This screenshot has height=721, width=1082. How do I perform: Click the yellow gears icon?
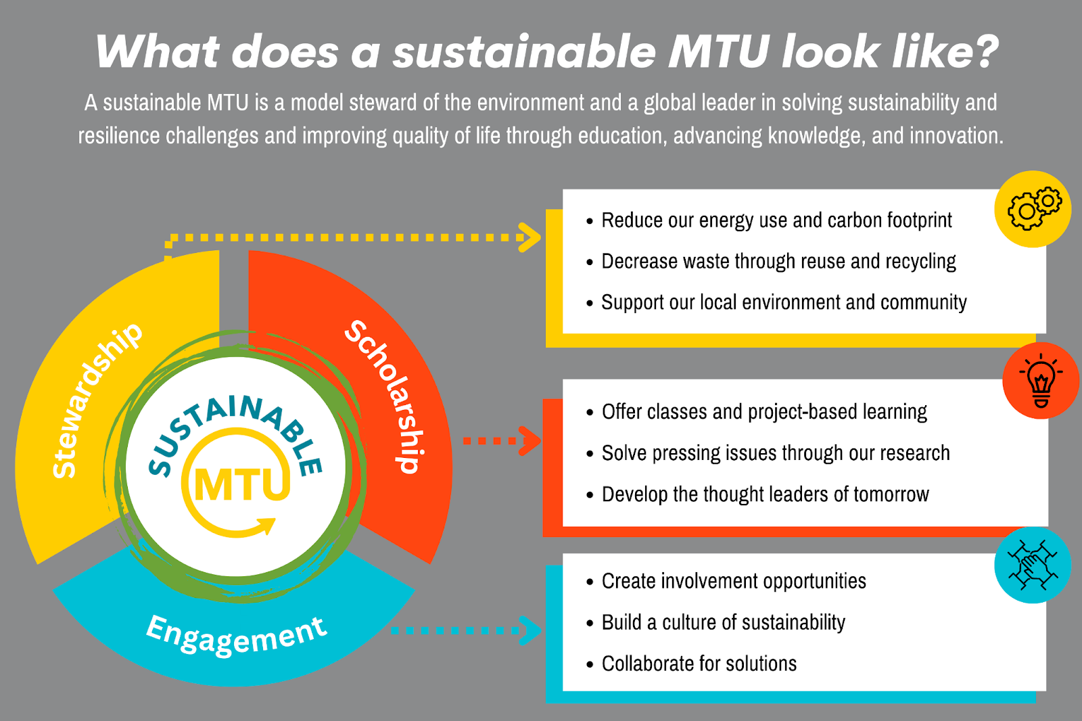click(x=1033, y=209)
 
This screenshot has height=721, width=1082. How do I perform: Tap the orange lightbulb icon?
click(x=1041, y=381)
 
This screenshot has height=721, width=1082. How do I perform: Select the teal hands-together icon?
click(x=1033, y=565)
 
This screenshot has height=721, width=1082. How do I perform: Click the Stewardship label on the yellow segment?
click(x=97, y=400)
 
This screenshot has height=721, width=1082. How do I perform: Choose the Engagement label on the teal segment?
click(x=237, y=636)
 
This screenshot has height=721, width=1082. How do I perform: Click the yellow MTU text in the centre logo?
click(x=242, y=484)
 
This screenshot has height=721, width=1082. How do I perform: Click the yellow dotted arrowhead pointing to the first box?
click(x=530, y=237)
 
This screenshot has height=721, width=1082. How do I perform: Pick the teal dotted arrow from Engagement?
click(x=467, y=630)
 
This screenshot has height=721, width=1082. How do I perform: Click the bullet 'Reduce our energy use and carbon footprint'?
click(x=776, y=220)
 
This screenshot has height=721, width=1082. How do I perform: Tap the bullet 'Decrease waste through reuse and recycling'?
click(x=778, y=262)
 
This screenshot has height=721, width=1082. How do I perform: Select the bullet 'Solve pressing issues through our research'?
click(x=776, y=453)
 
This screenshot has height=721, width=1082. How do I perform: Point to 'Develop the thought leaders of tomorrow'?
click(x=765, y=494)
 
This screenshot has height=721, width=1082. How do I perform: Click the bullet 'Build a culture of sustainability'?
click(x=723, y=622)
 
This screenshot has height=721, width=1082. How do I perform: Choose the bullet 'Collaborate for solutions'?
click(x=699, y=664)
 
